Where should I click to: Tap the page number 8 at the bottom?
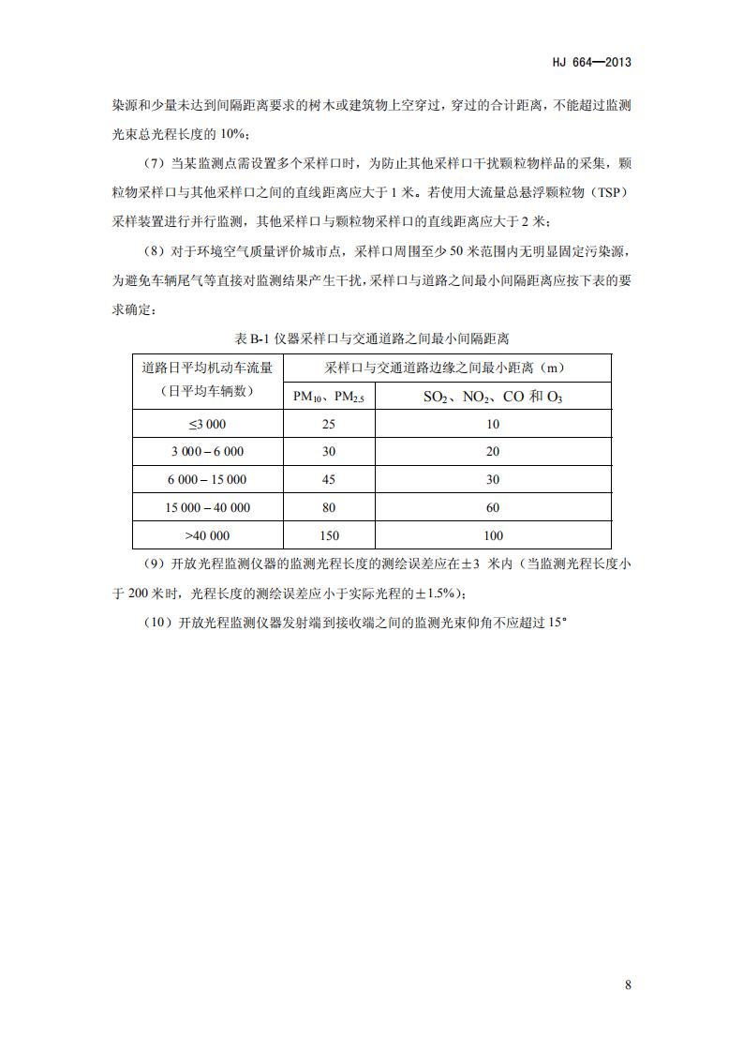click(628, 984)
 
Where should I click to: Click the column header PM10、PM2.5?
click(329, 397)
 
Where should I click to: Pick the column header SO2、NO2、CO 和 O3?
click(493, 397)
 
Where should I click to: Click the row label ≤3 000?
click(207, 424)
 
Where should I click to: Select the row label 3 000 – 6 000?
click(207, 451)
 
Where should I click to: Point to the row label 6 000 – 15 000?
click(207, 479)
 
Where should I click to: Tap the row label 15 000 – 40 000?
click(207, 507)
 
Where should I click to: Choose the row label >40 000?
click(207, 535)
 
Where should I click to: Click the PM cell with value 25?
click(329, 424)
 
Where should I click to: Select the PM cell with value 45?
click(329, 479)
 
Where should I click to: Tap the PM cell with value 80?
click(329, 507)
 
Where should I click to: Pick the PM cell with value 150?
click(329, 535)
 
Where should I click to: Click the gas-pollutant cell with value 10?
click(493, 424)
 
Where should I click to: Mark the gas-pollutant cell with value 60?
click(493, 507)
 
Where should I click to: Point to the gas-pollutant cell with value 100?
click(493, 535)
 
